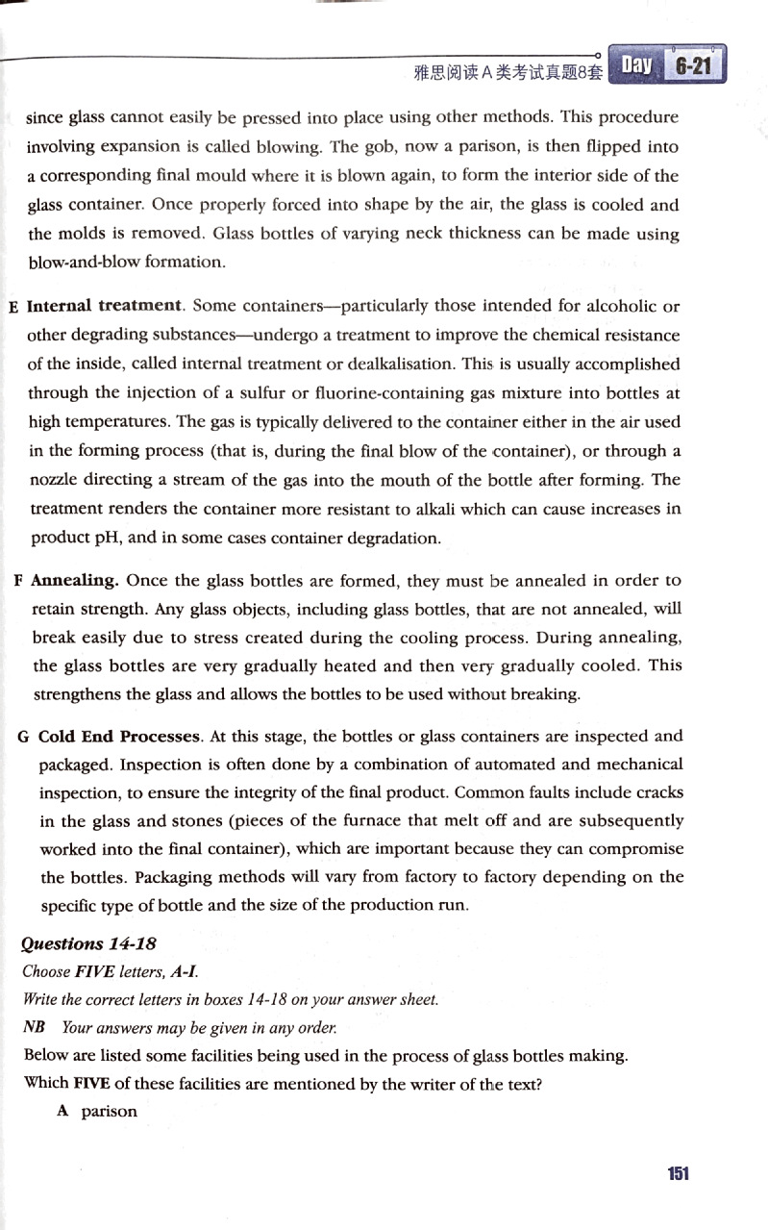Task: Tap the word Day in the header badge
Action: click(x=636, y=65)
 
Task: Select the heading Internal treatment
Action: click(x=105, y=307)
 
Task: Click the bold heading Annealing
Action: click(x=75, y=581)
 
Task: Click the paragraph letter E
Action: click(x=13, y=308)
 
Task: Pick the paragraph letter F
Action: click(x=19, y=582)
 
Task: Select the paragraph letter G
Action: click(x=24, y=738)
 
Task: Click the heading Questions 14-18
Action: click(x=94, y=943)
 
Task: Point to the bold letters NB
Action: click(x=35, y=1028)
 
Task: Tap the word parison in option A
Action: click(x=110, y=1111)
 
